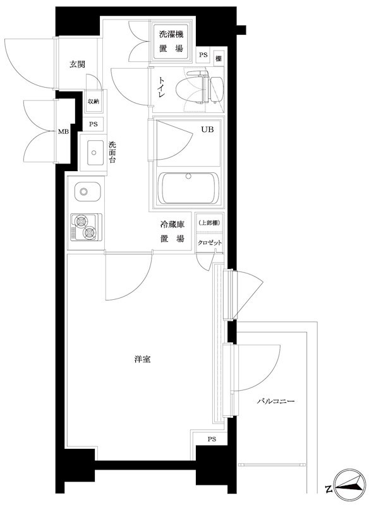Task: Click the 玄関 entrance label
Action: (x=78, y=64)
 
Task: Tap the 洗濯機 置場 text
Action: (x=172, y=42)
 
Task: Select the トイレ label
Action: (x=162, y=90)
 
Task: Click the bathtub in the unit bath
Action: (x=187, y=187)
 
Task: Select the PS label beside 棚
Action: (x=203, y=56)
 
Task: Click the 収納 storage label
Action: (x=94, y=102)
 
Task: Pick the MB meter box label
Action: (x=63, y=131)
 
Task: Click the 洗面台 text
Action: (x=112, y=151)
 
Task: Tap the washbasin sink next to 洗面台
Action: (x=95, y=151)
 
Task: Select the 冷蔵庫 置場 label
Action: (x=171, y=231)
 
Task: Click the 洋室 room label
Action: (x=142, y=359)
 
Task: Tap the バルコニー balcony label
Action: (x=276, y=401)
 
